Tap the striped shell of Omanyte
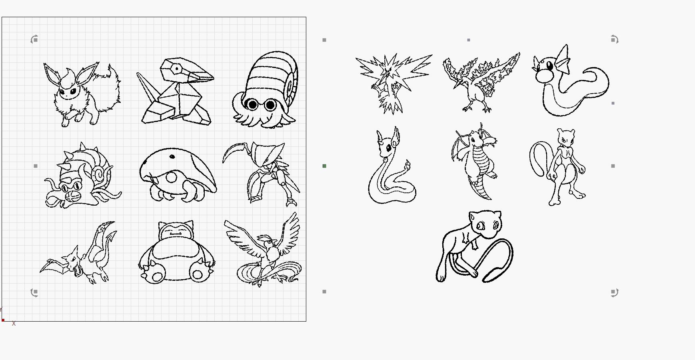[x=272, y=76]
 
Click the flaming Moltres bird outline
[x=480, y=82]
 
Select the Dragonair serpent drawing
[x=390, y=168]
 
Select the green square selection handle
[x=324, y=166]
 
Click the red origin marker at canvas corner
[x=3, y=320]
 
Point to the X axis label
[x=14, y=324]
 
